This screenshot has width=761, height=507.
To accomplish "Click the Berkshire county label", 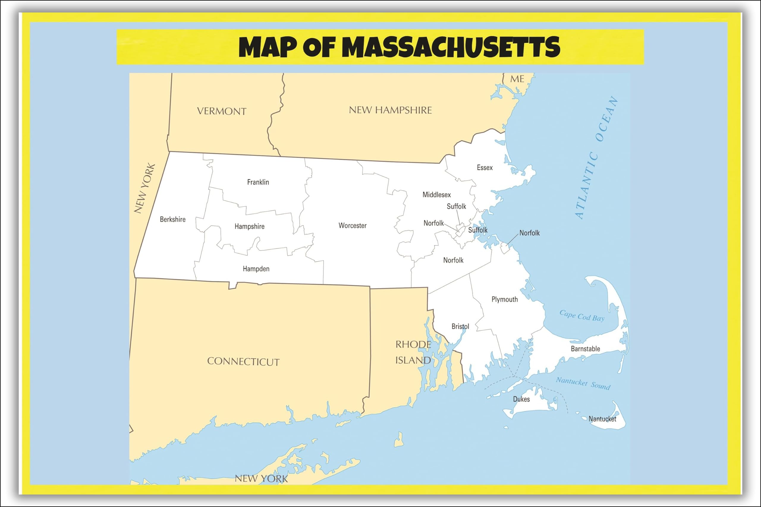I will point(173,219).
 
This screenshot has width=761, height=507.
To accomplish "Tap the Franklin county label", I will point(258,182).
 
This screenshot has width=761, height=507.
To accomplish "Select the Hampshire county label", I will point(249,226).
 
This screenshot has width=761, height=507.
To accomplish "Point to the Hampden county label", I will point(256,269).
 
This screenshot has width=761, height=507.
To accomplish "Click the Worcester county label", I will point(352,226).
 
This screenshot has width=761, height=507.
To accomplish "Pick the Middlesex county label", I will point(436,195).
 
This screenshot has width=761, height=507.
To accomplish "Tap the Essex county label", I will point(485,168).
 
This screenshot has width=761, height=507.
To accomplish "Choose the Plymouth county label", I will point(504,299).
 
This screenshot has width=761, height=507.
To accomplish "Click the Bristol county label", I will point(460,327).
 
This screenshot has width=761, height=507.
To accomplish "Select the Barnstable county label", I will point(585,349).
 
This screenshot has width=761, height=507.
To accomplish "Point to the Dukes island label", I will point(521,399).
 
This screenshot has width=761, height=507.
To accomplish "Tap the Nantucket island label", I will point(602,419).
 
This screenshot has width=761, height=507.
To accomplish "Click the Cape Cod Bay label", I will point(582,316).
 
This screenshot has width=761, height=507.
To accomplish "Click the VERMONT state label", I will point(222,111).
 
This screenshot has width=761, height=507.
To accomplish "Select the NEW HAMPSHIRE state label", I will point(390,110).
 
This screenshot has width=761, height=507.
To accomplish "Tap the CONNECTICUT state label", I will point(243,361).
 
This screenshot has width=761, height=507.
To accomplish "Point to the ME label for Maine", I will point(517,79).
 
